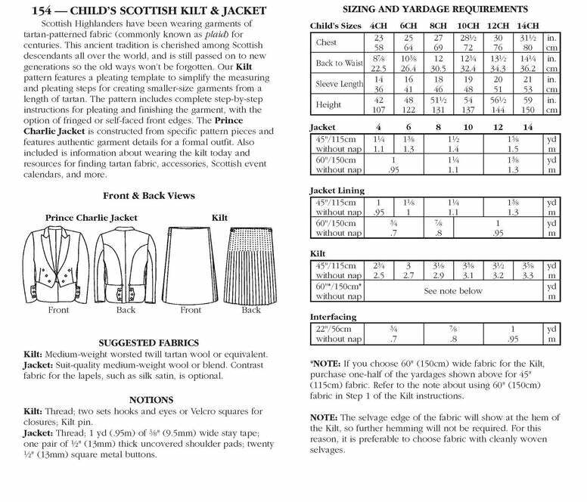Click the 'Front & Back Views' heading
[148, 195]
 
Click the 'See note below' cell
[452, 290]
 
